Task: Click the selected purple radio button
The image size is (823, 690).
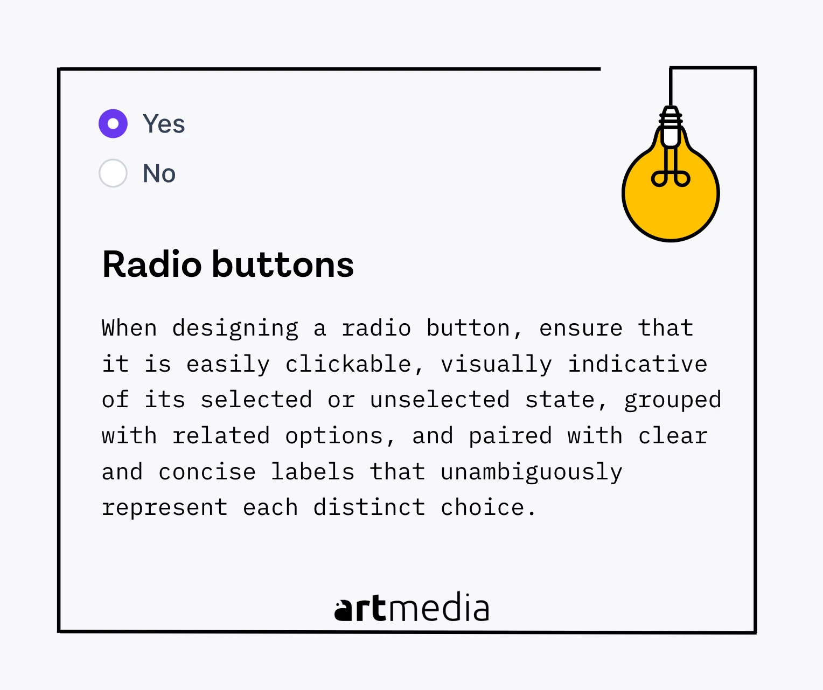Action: pos(113,124)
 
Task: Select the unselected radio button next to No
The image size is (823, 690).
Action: pos(113,173)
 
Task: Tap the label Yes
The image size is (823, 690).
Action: pos(164,124)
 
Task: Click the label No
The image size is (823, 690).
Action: pos(159,173)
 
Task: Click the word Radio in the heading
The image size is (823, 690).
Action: pos(152,264)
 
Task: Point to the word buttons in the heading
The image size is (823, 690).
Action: pos(283,264)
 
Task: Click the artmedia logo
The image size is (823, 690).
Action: pos(412,608)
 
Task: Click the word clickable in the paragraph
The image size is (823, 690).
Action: pos(348,364)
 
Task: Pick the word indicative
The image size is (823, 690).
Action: pos(637,364)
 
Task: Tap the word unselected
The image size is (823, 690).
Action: pos(440,400)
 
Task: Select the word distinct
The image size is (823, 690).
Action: pos(369,507)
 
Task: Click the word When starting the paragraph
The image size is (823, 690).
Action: pos(129,328)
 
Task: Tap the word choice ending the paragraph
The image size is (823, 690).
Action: pos(482,507)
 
